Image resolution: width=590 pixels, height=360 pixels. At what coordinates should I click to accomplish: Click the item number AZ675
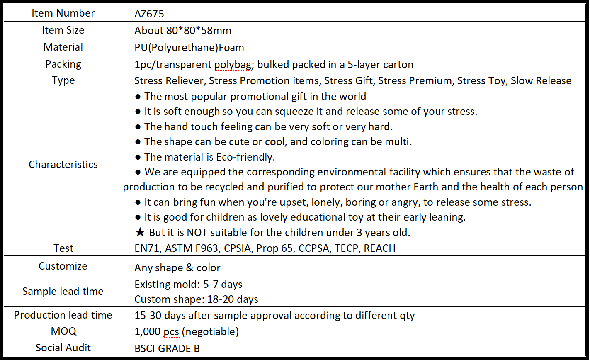[x=149, y=14]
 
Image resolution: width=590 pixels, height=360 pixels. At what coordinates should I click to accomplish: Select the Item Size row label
[x=63, y=30]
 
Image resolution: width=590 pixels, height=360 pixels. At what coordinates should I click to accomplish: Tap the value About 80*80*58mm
[x=183, y=30]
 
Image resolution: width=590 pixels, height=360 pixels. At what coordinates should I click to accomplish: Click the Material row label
[x=63, y=47]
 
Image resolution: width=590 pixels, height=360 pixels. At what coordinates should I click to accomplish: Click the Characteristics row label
[x=63, y=164]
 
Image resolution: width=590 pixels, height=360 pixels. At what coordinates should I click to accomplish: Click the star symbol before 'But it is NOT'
[x=140, y=232]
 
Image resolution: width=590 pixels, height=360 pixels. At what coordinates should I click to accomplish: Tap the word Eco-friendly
[x=246, y=157]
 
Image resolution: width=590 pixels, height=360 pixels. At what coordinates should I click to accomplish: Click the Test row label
[x=63, y=248]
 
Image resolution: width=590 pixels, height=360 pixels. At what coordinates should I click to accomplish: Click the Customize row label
[x=63, y=266]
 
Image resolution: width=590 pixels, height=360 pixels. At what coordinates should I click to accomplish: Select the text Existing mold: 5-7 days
[x=188, y=285]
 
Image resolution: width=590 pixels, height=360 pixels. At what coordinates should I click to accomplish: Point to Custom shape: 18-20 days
[x=196, y=299]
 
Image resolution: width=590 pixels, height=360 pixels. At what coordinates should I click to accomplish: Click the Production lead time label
[x=63, y=315]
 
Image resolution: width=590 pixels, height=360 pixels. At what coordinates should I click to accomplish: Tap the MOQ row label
[x=63, y=331]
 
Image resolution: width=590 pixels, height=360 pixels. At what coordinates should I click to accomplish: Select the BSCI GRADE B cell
[x=167, y=348]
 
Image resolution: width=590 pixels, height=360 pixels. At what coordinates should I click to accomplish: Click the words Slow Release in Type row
[x=541, y=80]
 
